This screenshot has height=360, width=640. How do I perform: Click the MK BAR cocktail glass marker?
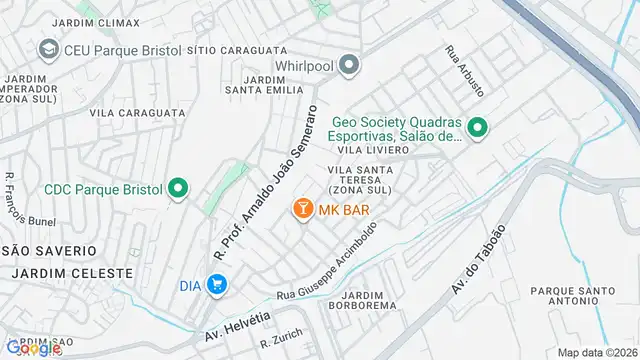300,209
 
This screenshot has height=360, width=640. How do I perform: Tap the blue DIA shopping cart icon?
217,285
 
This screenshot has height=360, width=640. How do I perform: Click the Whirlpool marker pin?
348,67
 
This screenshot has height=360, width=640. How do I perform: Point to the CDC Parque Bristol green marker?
178,187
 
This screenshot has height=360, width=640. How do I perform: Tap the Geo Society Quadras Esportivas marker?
478,127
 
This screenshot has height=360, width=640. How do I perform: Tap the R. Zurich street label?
280,342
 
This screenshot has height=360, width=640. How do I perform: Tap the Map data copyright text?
596,352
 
